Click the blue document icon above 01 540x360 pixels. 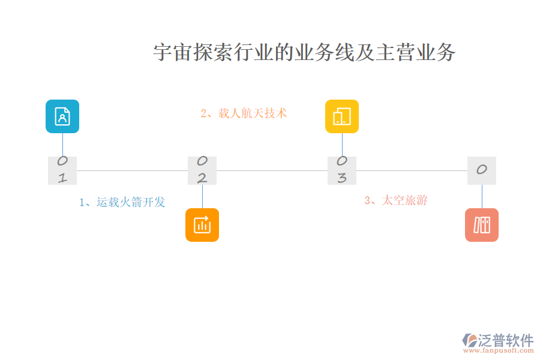62,116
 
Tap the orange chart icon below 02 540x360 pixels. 202,225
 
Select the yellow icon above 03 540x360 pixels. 342,116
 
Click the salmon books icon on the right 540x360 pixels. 482,225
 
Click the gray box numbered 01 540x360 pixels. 62,170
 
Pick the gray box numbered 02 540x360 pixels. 202,170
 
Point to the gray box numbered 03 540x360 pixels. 342,170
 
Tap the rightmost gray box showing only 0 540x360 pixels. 482,170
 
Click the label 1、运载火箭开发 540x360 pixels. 122,202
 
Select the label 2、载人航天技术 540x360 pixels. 244,113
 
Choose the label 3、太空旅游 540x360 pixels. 396,200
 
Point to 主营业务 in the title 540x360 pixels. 416,53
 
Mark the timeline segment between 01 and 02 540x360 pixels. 132,170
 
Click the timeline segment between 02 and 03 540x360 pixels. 272,170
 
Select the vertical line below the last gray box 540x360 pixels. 482,196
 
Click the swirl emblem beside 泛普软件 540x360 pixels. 470,340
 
